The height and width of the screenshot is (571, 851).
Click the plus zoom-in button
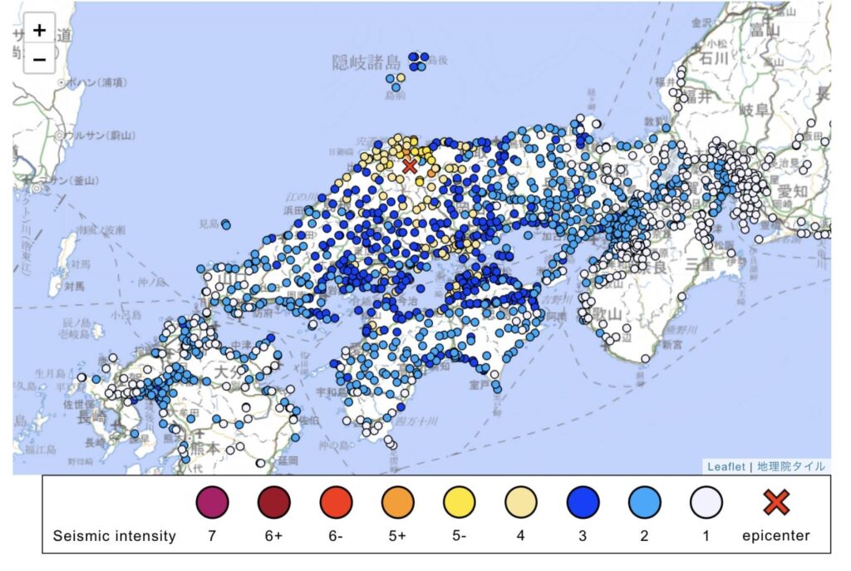click(x=39, y=30)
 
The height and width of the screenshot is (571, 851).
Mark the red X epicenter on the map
click(x=409, y=165)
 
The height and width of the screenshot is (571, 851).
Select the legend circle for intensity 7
click(x=212, y=502)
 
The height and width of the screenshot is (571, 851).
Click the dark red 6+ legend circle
click(x=273, y=502)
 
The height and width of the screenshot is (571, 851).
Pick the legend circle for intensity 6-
click(x=336, y=502)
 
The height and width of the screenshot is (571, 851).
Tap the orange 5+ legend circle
click(x=397, y=502)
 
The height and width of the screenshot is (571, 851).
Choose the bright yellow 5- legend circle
click(x=460, y=502)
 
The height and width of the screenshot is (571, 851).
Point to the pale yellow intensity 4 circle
click(x=521, y=502)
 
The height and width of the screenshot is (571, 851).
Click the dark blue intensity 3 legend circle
click(x=583, y=502)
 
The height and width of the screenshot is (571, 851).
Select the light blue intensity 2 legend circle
click(x=645, y=502)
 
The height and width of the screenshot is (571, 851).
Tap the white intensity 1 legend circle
click(x=706, y=502)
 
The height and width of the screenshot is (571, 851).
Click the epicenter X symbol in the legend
click(x=775, y=502)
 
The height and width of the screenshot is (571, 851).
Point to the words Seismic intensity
click(x=114, y=536)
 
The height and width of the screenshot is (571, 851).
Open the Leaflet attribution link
click(x=726, y=466)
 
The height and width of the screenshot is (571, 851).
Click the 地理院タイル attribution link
click(x=791, y=466)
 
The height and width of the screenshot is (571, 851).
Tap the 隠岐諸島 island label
click(x=366, y=62)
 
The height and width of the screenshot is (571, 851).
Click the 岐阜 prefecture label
click(x=754, y=110)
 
